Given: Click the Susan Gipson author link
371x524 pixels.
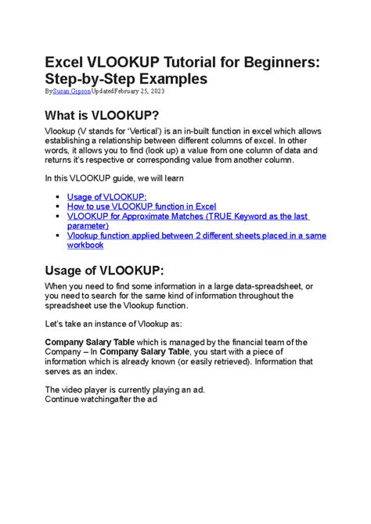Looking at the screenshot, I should click(x=71, y=92).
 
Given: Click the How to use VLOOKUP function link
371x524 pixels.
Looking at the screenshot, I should click(x=142, y=206).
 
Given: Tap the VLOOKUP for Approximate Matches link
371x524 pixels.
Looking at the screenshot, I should click(x=188, y=216).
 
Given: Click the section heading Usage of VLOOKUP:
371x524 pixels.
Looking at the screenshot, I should click(x=104, y=270).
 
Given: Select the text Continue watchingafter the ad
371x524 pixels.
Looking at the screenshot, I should click(x=101, y=399).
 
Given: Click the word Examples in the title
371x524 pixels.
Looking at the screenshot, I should click(x=178, y=79).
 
